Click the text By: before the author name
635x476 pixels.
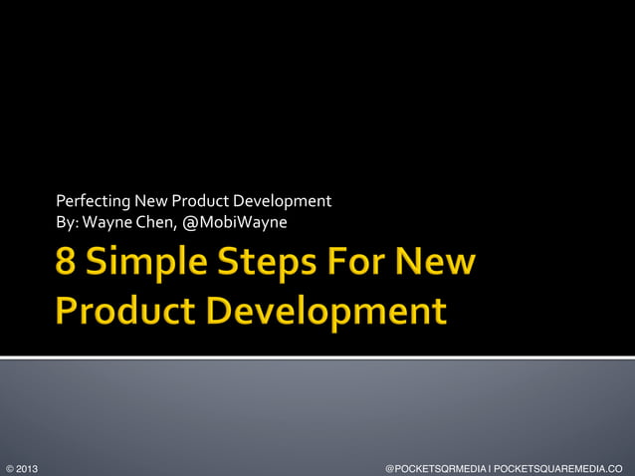[x=69, y=220]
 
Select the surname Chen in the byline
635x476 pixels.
[x=156, y=220]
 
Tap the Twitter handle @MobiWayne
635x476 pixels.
[x=235, y=220]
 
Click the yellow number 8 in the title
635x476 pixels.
[x=67, y=266]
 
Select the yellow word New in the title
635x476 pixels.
[x=436, y=266]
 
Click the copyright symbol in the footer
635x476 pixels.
[x=9, y=467]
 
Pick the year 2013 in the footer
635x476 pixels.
[x=27, y=467]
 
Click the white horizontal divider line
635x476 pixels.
[x=317, y=357]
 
